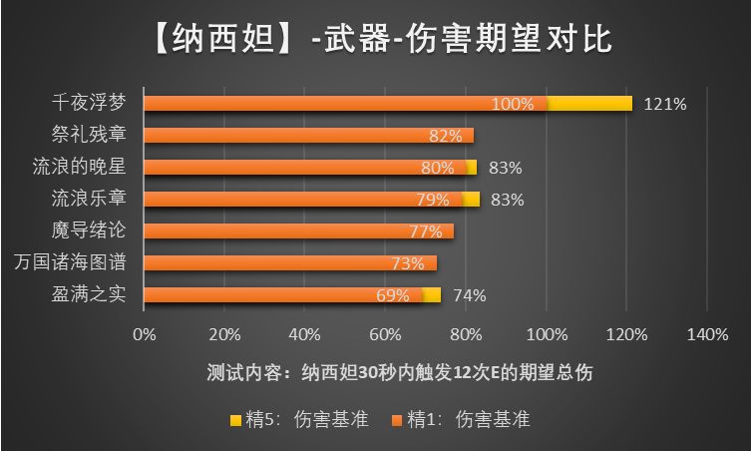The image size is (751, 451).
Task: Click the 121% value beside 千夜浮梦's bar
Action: [x=663, y=104]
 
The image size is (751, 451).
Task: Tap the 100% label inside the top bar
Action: [x=513, y=104]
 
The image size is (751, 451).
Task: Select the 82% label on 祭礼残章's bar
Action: [x=445, y=136]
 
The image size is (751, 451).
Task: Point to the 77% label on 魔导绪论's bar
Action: [x=425, y=231]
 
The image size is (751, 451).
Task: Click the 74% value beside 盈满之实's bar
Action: [x=469, y=295]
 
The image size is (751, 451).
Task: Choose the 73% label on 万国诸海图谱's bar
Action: [x=409, y=263]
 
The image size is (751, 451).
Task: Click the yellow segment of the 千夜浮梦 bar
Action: [x=588, y=104]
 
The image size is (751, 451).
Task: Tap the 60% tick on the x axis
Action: [x=385, y=334]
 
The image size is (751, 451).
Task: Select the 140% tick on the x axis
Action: [x=706, y=334]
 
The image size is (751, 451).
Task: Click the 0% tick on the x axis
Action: [x=145, y=334]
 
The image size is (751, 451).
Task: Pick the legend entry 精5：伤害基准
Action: [x=300, y=420]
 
